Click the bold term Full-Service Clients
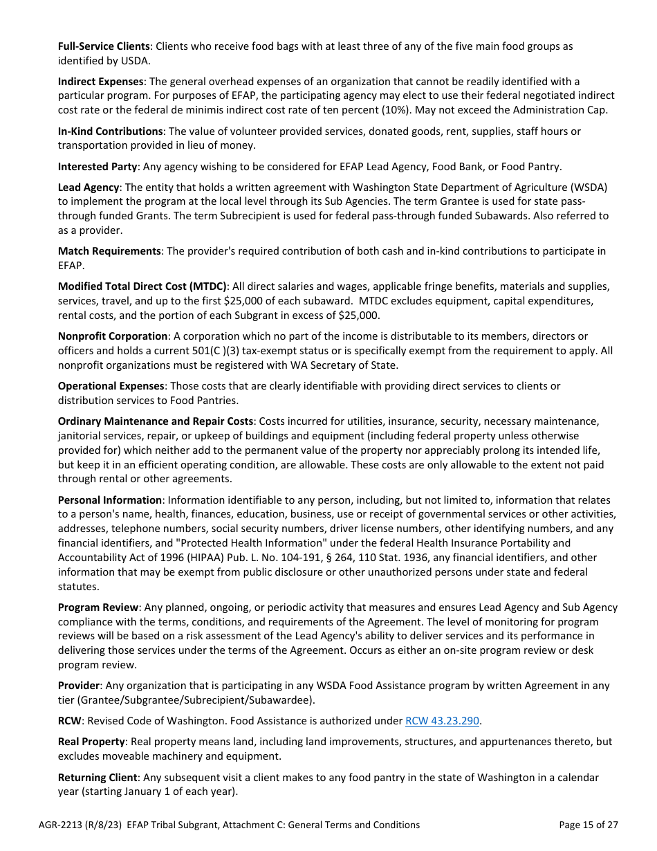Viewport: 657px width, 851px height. click(x=104, y=46)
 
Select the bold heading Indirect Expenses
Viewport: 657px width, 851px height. click(x=100, y=82)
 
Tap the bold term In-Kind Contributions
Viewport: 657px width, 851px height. click(x=110, y=131)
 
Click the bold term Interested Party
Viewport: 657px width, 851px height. click(x=98, y=167)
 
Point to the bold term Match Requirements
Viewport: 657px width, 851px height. click(x=109, y=251)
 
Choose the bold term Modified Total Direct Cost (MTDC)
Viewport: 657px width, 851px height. click(x=142, y=286)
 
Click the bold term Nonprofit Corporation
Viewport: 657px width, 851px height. click(x=113, y=336)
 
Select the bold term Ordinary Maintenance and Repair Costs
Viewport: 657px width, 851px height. click(x=156, y=421)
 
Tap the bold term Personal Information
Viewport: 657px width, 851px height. click(x=109, y=500)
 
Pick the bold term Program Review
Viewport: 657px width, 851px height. click(x=98, y=607)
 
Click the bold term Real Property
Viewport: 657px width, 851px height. click(x=91, y=742)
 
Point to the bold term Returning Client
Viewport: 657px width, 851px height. click(x=98, y=778)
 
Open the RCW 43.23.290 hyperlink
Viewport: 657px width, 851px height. click(x=442, y=721)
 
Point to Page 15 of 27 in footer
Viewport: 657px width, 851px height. click(x=588, y=825)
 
